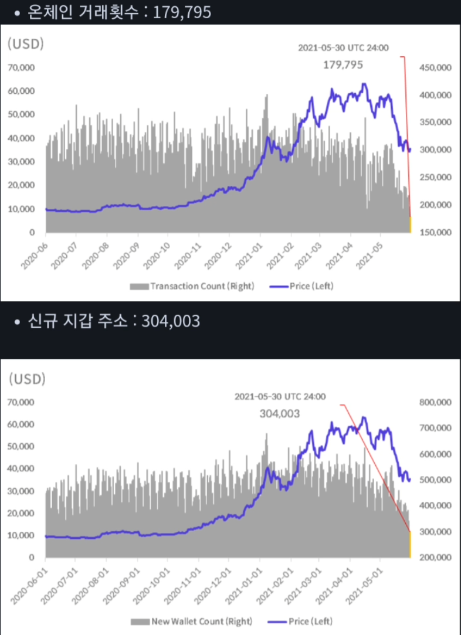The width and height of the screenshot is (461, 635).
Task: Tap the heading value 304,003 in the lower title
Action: tap(170, 321)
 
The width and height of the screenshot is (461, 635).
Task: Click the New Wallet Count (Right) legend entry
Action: tap(192, 621)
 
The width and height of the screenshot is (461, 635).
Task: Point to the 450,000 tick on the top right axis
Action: tap(435, 68)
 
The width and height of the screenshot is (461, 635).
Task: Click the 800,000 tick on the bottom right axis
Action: tap(435, 402)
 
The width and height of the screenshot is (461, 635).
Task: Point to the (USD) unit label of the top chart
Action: tap(26, 43)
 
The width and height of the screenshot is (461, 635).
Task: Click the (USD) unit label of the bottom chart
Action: tap(26, 379)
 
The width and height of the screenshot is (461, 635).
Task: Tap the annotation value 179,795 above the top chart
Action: tap(343, 64)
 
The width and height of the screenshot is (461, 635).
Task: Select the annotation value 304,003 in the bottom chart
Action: tap(279, 413)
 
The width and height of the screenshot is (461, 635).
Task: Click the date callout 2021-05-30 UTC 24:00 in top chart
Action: tap(343, 48)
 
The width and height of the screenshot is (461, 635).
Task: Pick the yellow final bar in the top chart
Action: tap(410, 225)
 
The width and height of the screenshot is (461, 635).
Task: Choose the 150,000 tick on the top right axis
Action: tap(435, 233)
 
